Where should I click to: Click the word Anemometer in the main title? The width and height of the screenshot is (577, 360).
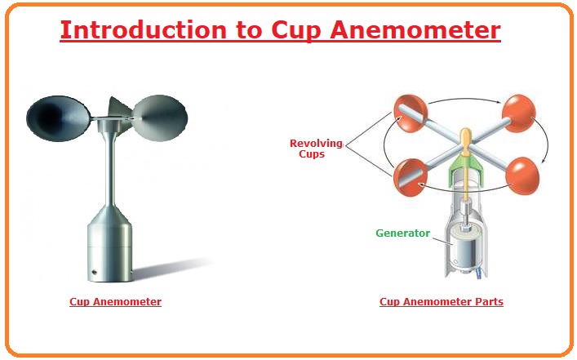415,30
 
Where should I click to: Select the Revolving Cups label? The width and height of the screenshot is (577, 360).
316,149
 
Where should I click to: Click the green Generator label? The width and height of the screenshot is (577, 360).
402,233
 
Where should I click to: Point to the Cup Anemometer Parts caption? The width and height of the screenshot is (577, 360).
442,302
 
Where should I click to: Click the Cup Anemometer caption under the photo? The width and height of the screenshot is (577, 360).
116,302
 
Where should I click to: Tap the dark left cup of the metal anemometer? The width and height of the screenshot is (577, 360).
58,118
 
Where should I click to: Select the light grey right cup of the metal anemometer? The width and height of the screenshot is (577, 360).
160,118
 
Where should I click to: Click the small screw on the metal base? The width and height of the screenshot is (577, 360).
94,273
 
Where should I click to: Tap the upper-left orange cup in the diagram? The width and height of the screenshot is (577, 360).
411,113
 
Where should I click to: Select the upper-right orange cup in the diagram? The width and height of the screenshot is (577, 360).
519,113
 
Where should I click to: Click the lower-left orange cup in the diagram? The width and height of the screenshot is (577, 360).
411,177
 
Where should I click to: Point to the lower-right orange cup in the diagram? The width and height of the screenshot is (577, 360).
522,176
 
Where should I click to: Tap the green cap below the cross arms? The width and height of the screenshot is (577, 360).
465,165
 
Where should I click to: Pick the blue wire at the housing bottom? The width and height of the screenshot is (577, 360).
480,273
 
